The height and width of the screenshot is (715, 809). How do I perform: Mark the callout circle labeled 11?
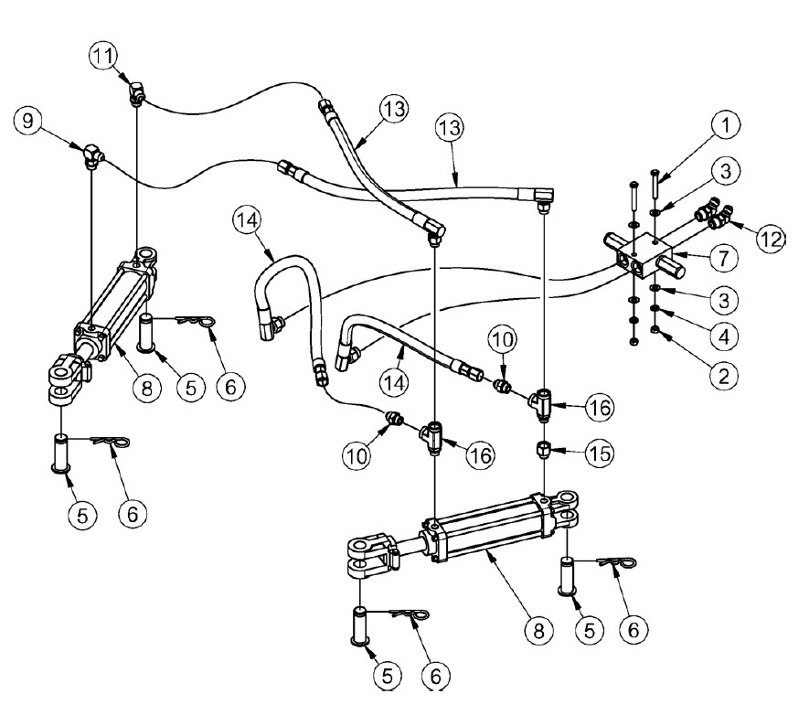click(102, 56)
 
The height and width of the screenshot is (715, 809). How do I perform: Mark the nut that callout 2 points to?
click(655, 328)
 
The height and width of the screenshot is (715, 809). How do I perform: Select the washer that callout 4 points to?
click(655, 311)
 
